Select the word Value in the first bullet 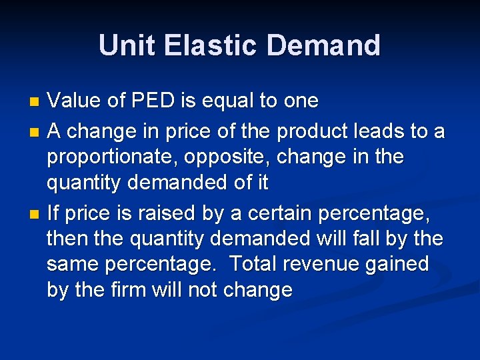(x=75, y=101)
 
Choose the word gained (x=397, y=264)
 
